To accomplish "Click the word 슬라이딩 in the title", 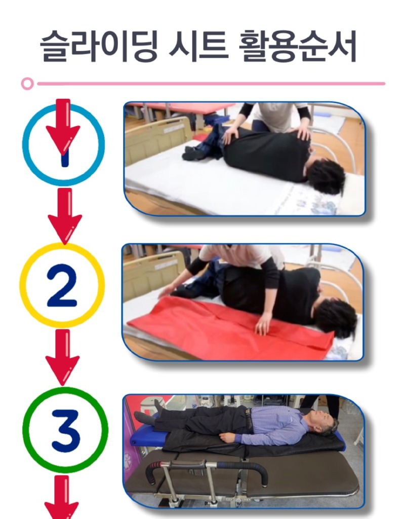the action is [x=99, y=46].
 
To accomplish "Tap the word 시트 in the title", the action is [x=198, y=46].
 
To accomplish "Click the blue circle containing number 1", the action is [x=23, y=144].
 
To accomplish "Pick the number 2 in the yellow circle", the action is [x=62, y=285].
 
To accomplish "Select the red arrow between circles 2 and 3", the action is [x=62, y=357].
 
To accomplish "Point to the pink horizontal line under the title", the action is [x=211, y=84].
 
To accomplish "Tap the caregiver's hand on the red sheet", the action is [x=264, y=324].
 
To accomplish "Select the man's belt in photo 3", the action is [x=248, y=418].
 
